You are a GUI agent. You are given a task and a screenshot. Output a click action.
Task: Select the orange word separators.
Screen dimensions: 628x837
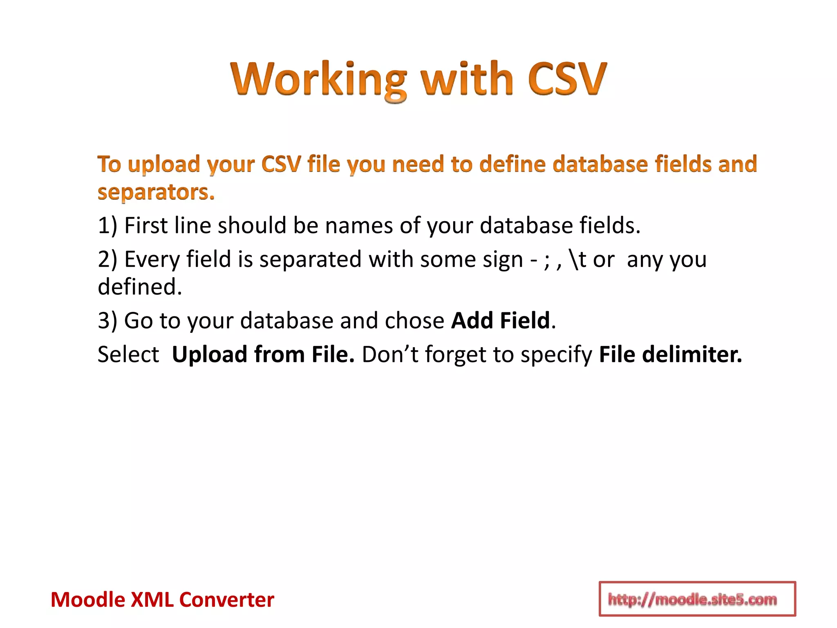click(x=156, y=192)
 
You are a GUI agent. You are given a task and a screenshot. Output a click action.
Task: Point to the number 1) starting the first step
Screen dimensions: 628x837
click(x=107, y=226)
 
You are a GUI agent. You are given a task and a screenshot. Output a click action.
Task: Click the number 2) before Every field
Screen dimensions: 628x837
click(x=107, y=259)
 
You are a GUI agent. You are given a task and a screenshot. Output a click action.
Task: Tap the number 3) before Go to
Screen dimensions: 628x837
click(x=107, y=321)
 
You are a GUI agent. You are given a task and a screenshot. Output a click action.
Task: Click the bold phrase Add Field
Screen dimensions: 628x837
click(x=501, y=321)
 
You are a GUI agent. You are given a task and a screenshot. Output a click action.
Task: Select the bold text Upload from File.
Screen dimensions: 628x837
click(x=263, y=354)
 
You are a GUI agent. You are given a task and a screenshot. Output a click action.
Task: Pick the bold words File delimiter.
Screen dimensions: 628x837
click(x=670, y=354)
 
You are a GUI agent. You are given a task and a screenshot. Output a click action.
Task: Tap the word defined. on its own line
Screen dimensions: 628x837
click(x=140, y=287)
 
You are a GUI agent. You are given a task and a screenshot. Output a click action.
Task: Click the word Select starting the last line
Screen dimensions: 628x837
click(x=128, y=354)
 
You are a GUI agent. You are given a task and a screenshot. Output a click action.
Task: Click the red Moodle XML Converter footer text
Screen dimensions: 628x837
click(x=162, y=600)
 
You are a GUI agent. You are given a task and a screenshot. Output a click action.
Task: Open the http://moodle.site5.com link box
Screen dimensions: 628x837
click(x=697, y=599)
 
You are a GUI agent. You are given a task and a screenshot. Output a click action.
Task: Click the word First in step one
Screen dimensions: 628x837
click(x=145, y=226)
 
